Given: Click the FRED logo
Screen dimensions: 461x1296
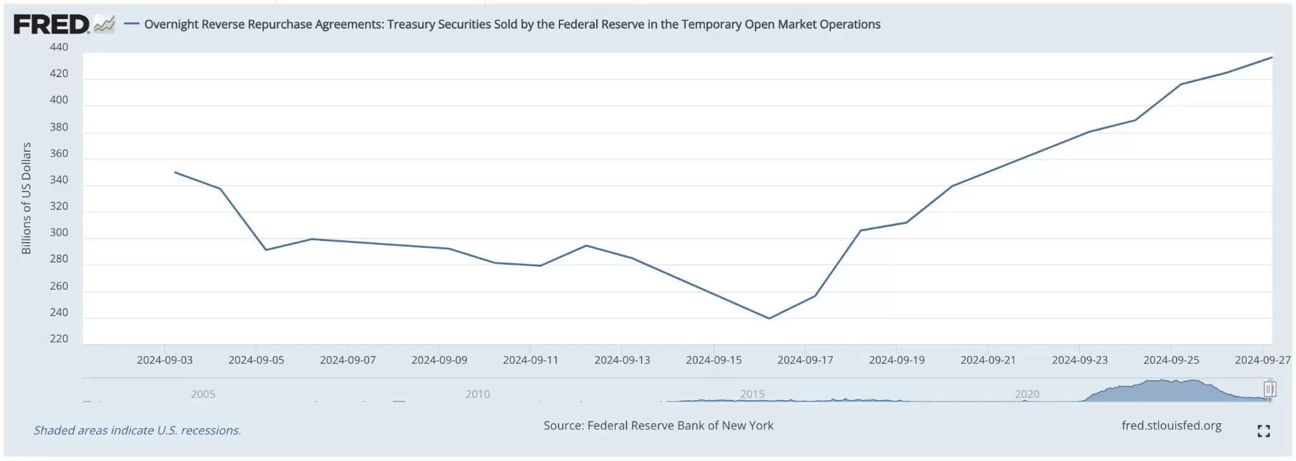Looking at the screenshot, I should tap(52, 25).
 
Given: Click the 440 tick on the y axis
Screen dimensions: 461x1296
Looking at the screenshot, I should tap(59, 47).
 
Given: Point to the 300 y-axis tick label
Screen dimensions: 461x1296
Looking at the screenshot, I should tap(59, 233).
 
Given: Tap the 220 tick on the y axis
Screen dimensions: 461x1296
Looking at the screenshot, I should tap(59, 339).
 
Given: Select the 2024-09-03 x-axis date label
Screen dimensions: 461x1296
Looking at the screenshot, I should tap(165, 360).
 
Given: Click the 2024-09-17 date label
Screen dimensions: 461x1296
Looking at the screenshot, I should tap(805, 360).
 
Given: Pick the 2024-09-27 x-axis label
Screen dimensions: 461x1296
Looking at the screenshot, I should tap(1262, 360).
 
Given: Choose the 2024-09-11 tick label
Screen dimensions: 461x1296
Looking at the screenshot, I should tap(530, 360).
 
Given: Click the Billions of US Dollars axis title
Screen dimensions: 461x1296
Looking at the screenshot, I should tap(26, 198).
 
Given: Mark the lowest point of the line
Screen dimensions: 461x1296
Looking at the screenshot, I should tap(769, 318).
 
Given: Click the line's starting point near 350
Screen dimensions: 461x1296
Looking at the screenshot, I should tap(175, 172).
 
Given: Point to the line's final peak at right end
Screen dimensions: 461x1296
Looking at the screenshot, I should tap(1271, 58).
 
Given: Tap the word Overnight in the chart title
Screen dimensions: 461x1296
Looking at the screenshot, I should tap(171, 25).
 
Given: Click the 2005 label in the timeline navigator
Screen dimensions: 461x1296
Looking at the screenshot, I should tap(203, 394).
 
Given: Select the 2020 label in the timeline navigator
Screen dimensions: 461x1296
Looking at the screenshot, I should tap(1027, 394).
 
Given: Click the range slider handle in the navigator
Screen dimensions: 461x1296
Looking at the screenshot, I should tap(1269, 389).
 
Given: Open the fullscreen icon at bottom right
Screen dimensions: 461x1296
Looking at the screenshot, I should tap(1263, 431).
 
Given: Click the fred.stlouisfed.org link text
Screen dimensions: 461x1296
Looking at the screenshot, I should tap(1171, 426).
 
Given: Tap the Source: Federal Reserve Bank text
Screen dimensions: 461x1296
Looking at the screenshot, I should tap(658, 426).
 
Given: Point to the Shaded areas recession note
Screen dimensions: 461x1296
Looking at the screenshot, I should tap(137, 431).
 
